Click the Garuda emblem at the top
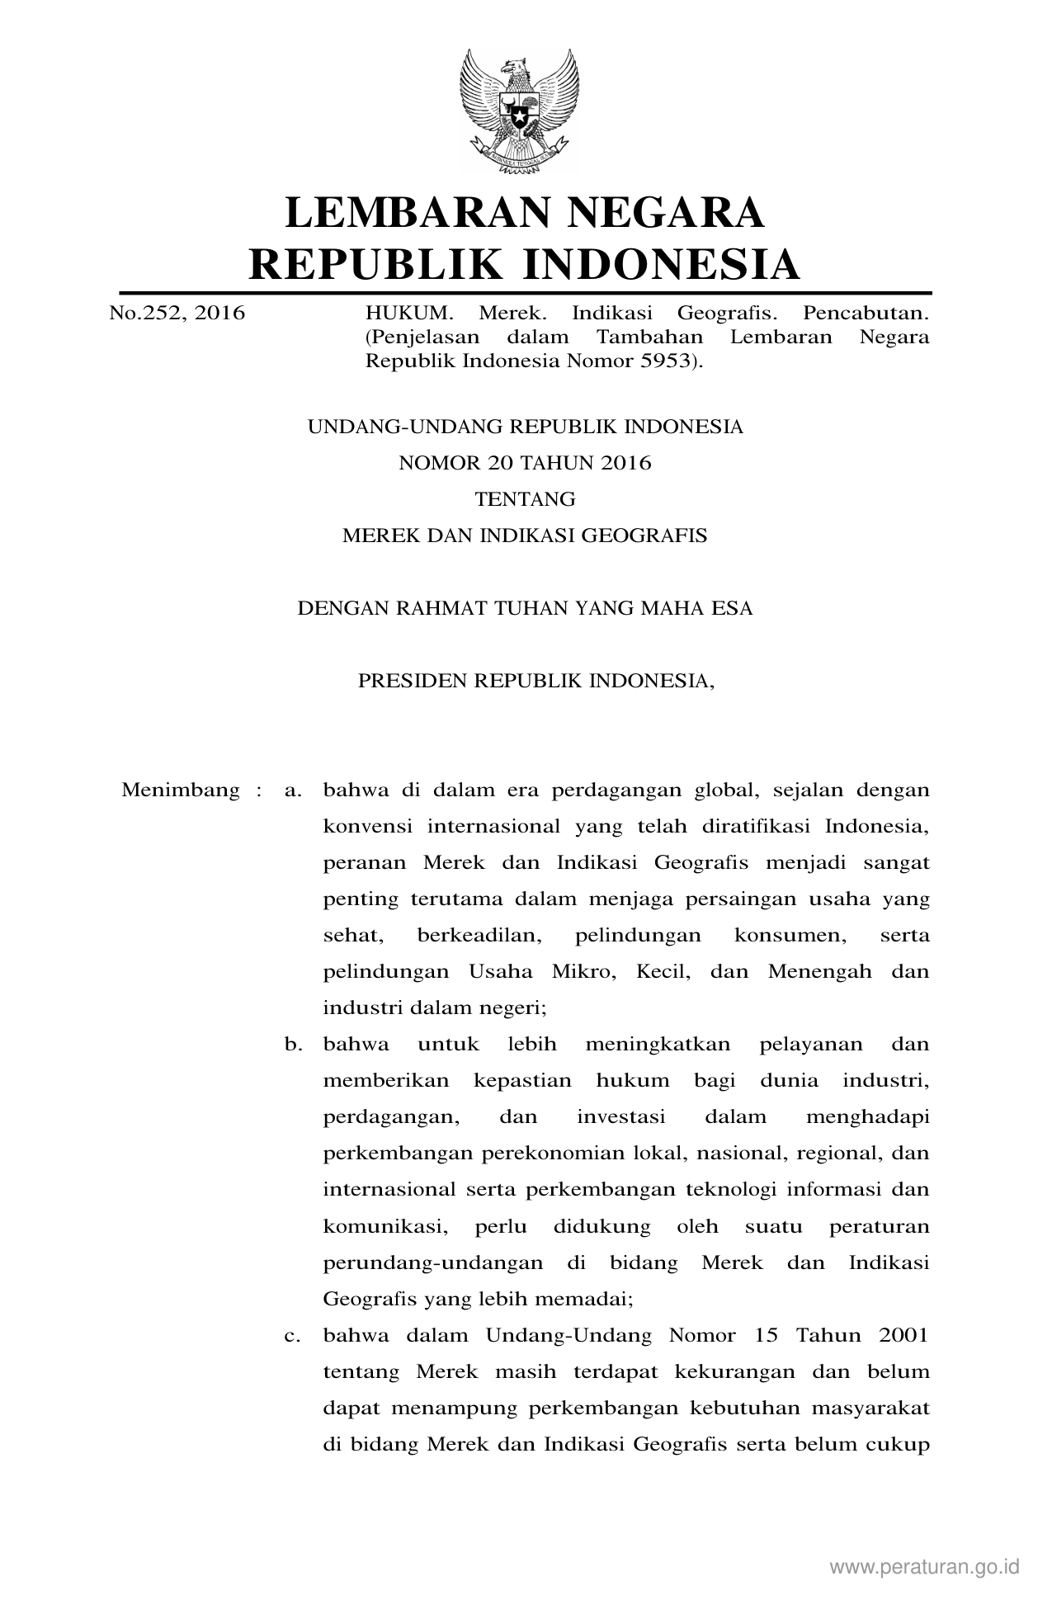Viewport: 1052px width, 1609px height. coord(520,109)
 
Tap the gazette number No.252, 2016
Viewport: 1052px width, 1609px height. coord(177,314)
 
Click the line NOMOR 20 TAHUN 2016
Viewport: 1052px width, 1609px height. coord(525,463)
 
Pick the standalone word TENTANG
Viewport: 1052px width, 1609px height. coord(525,499)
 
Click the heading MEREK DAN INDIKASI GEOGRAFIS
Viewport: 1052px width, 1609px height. coord(525,536)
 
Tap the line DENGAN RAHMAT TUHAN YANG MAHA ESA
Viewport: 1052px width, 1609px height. coord(525,609)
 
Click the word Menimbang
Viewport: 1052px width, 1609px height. coord(181,790)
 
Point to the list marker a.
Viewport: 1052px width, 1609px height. coord(290,790)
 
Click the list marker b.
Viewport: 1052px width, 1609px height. coord(291,1045)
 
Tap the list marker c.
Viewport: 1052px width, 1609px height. coord(290,1335)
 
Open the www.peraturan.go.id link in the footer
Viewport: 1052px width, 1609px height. coord(925,1567)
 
